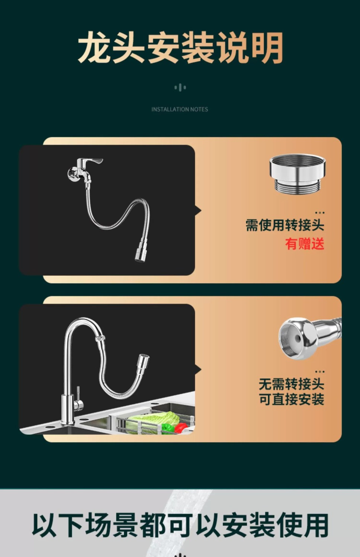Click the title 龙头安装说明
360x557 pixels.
[x=180, y=48]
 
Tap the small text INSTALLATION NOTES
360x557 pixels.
[x=180, y=109]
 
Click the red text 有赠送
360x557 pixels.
[x=305, y=244]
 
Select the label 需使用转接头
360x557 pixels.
[x=285, y=225]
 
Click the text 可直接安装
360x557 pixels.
[x=291, y=399]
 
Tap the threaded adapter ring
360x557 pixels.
[x=297, y=174]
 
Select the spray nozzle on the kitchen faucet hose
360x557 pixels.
[x=143, y=363]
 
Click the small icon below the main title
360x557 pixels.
[x=180, y=87]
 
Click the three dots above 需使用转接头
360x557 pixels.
[x=320, y=213]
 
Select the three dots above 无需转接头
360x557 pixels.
[x=320, y=371]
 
